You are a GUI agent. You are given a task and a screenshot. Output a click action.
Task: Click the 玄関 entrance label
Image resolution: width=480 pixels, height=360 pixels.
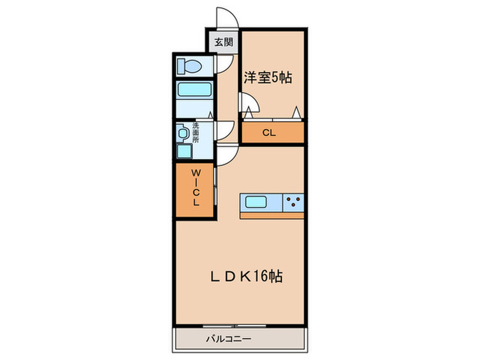click(x=224, y=42)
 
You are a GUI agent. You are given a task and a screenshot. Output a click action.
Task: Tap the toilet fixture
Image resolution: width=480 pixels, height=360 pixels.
click(x=187, y=67)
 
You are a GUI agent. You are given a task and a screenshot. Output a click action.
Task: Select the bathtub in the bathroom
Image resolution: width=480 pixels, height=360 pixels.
click(x=195, y=91)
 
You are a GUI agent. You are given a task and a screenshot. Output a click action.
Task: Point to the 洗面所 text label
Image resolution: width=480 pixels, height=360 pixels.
click(x=195, y=132)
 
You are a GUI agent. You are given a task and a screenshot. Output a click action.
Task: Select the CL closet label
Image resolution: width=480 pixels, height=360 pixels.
click(x=269, y=134)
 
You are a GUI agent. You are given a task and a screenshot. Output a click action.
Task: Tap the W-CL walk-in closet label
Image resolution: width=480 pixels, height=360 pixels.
click(x=195, y=191)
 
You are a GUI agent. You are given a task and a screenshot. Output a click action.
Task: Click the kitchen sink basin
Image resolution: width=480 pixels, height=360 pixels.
click(x=257, y=202)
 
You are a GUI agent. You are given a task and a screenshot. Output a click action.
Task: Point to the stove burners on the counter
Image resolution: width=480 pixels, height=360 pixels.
click(x=293, y=202)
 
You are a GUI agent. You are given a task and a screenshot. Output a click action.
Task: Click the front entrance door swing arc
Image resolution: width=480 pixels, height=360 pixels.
click(x=225, y=18)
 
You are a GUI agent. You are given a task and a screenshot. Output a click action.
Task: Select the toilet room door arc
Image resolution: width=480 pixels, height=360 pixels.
click(x=224, y=64)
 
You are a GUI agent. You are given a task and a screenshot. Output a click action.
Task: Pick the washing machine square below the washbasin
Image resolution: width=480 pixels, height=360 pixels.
click(x=184, y=152)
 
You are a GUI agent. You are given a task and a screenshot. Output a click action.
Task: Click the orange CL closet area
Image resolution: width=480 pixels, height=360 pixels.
click(x=272, y=134)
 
